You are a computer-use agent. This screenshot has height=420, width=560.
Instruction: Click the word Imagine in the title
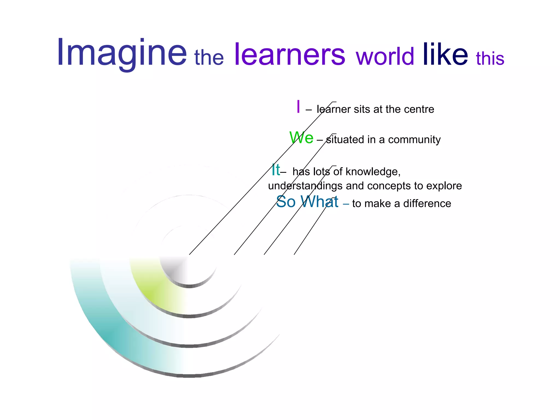click(x=122, y=53)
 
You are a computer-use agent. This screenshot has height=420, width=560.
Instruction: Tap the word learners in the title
click(x=290, y=55)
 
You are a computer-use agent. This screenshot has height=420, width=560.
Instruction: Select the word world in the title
click(x=385, y=57)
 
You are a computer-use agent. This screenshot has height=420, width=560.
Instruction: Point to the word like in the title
click(x=445, y=55)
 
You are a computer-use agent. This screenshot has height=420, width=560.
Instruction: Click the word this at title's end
click(x=490, y=59)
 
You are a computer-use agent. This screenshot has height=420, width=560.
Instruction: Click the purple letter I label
click(x=298, y=107)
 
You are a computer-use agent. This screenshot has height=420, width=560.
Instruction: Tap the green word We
click(x=301, y=138)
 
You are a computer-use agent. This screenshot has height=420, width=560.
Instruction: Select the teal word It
click(x=276, y=170)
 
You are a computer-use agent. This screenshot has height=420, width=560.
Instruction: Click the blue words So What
click(x=307, y=202)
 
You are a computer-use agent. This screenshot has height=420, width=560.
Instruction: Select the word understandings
click(x=305, y=186)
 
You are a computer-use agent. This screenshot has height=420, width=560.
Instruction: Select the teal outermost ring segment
click(x=107, y=328)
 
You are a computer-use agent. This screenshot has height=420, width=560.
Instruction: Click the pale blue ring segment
click(x=129, y=306)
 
